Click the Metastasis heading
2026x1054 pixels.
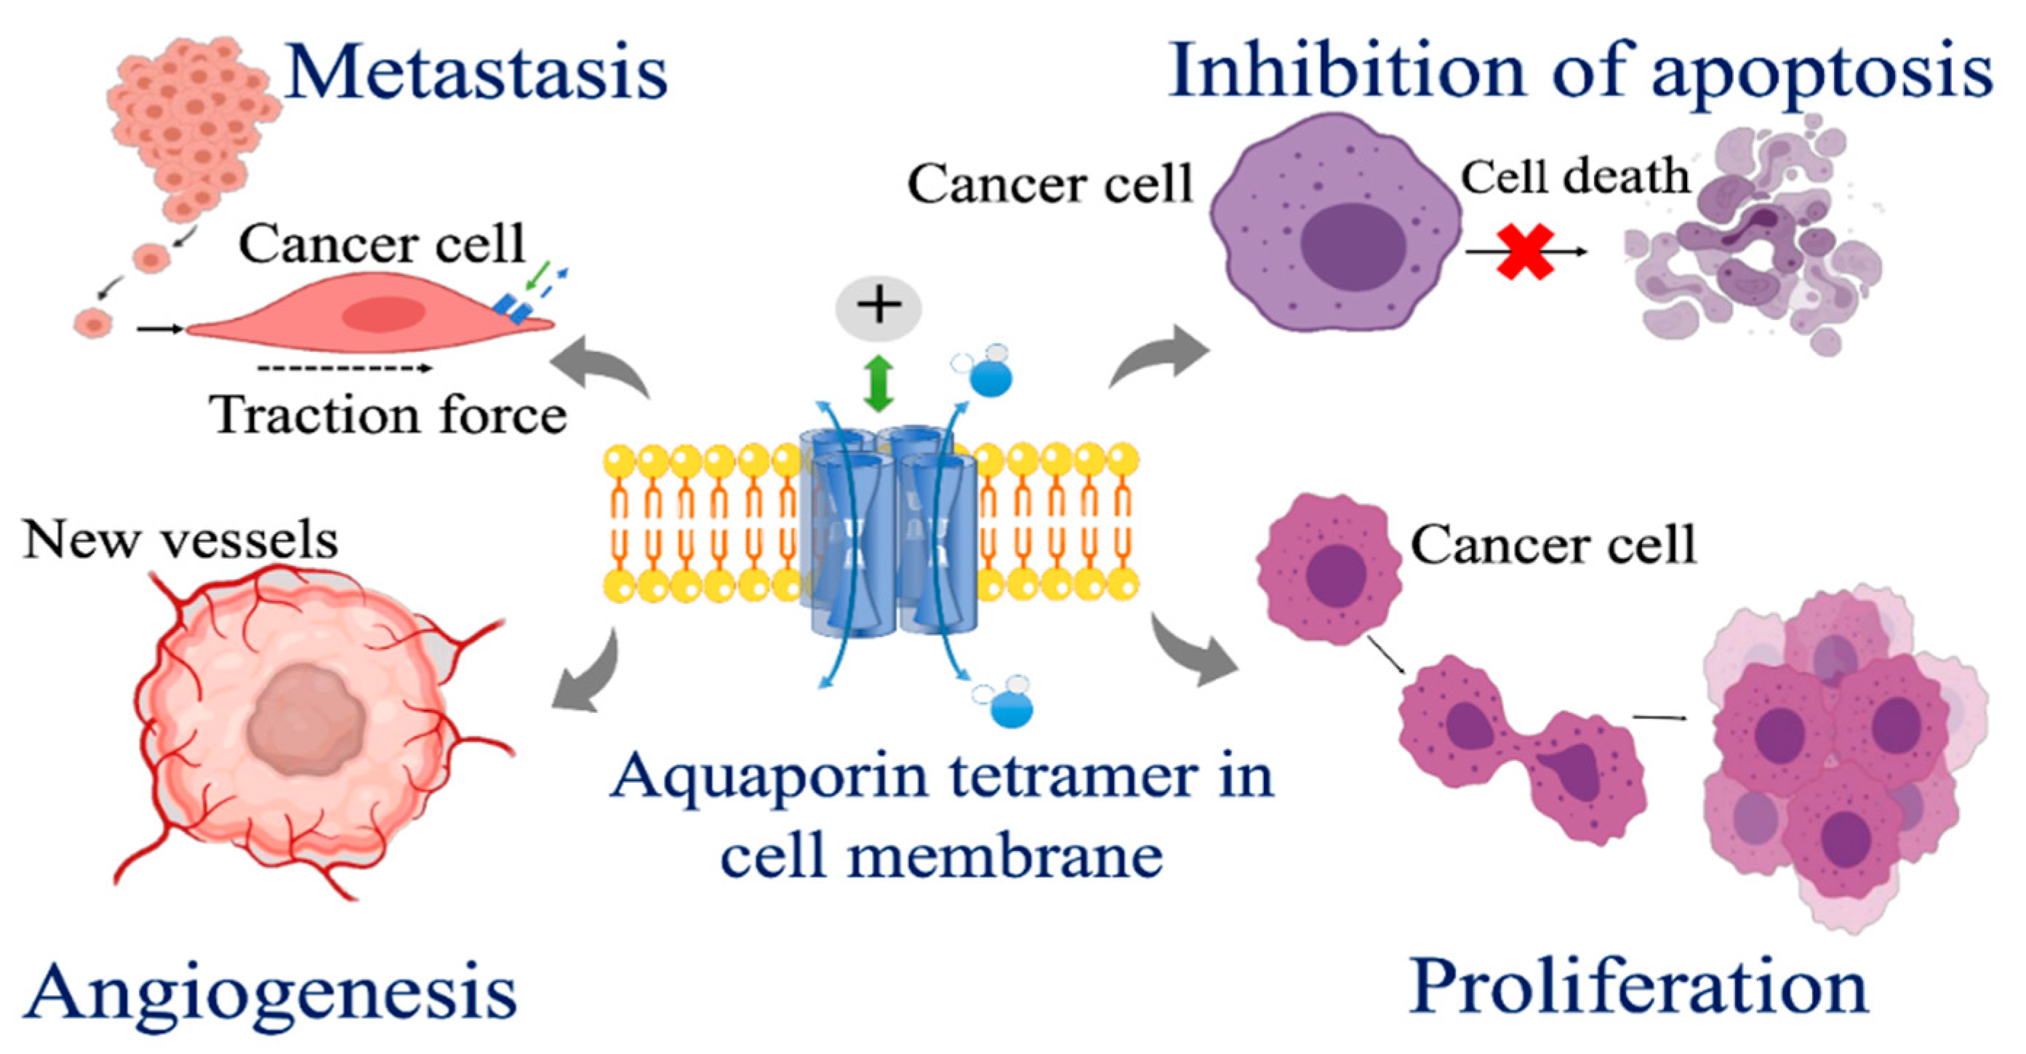click(476, 72)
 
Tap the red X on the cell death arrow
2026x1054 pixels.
click(1525, 252)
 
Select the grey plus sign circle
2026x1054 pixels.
click(878, 307)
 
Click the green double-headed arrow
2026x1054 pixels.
click(878, 383)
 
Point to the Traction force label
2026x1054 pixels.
click(388, 415)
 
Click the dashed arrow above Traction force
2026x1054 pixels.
click(345, 367)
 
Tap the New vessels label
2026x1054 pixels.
click(181, 540)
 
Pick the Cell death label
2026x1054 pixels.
click(1574, 176)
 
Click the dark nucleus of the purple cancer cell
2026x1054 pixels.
click(1353, 246)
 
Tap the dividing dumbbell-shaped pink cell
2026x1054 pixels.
click(1522, 747)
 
